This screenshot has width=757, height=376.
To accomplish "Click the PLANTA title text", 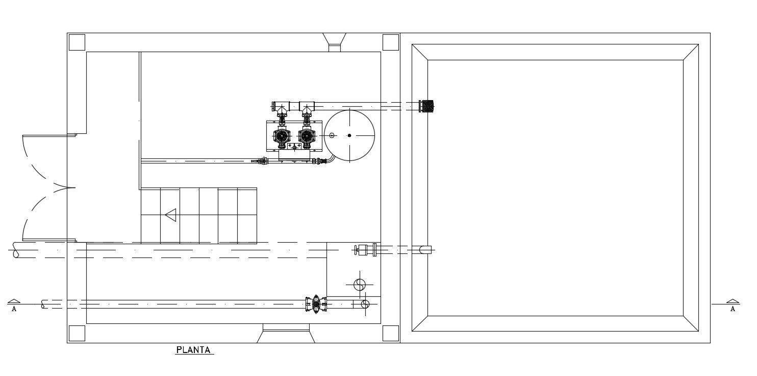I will [193, 350].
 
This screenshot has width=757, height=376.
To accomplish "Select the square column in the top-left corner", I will [77, 42].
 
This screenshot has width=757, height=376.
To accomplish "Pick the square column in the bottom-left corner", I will [77, 333].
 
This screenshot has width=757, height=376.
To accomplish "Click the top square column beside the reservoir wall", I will [390, 42].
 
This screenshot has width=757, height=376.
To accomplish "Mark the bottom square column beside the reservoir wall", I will [390, 333].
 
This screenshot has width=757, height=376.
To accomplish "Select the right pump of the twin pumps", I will [306, 136].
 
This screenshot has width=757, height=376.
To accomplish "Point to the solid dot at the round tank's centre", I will [349, 135].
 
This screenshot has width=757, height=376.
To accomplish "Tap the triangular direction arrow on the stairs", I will [171, 215].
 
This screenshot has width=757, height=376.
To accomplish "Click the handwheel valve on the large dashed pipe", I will [363, 250].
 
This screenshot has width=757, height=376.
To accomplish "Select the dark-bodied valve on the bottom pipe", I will [316, 304].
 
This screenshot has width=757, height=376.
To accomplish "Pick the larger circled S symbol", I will [360, 285].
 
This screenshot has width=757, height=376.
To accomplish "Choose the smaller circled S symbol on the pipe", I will [365, 304].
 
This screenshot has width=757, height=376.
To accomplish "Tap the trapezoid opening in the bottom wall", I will [286, 335].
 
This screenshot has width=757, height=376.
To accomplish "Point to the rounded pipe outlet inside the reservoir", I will [425, 250].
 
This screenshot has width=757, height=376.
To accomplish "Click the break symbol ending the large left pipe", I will [16, 250].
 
